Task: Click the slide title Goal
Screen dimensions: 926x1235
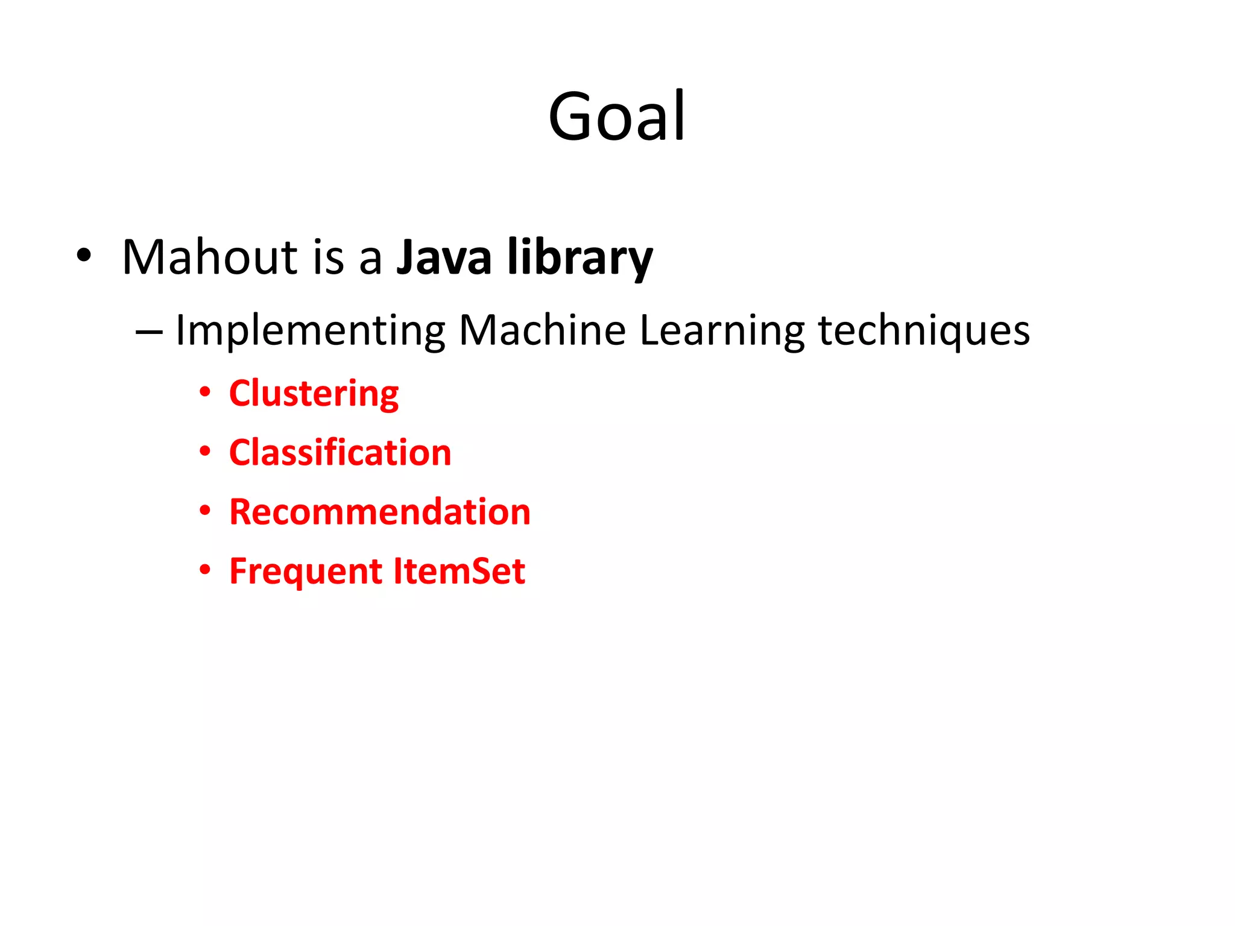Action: pos(616,116)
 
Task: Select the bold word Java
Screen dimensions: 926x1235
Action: pos(444,257)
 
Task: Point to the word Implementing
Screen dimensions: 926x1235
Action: pos(310,331)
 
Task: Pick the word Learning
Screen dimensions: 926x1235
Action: pos(722,331)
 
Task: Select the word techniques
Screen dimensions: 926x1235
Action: pos(923,331)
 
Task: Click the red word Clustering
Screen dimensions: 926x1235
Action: pos(314,394)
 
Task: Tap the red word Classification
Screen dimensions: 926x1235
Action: pos(340,453)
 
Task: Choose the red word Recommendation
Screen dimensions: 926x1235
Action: pos(380,512)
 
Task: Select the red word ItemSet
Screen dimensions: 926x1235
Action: pos(459,571)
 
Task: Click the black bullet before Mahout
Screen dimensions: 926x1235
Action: pos(84,256)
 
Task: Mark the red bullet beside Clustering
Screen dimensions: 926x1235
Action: pos(205,392)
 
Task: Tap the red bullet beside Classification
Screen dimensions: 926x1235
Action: pos(205,452)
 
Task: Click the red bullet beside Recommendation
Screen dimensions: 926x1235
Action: pos(205,511)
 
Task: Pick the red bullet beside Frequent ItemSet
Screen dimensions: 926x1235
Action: pos(205,570)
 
